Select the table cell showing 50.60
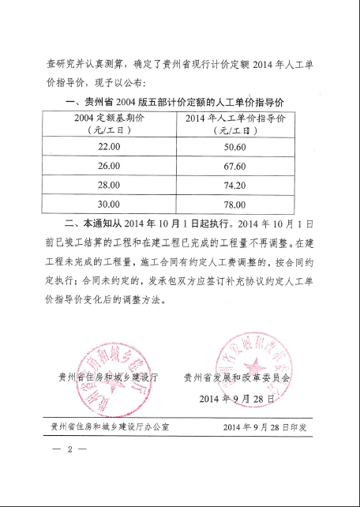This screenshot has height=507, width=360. (234, 147)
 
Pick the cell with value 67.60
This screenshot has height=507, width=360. (234, 166)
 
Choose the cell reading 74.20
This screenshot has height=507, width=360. (234, 185)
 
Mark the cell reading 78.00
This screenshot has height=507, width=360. (234, 204)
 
